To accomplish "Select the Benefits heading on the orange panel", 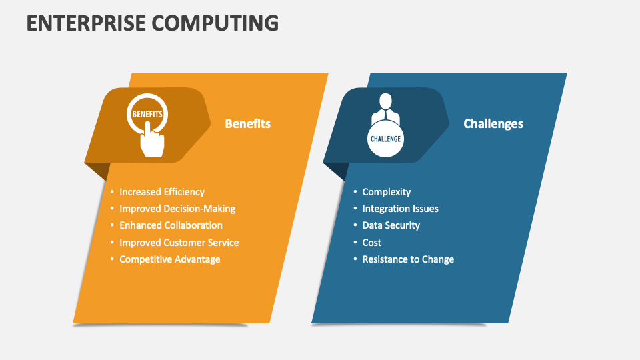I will (247, 124).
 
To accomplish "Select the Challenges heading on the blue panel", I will (493, 124).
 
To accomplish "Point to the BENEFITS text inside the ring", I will (147, 115).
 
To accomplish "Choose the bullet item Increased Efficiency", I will (162, 192).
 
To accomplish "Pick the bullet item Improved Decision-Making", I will (177, 209).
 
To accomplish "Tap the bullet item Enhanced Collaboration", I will (171, 225).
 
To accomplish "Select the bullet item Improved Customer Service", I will (179, 243).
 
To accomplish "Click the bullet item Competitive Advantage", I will (169, 259).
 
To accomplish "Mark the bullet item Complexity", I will (386, 192).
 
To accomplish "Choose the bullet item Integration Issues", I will (400, 209).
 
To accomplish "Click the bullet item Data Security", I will (391, 225).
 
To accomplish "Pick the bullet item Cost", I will (371, 243).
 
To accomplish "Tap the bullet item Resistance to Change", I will (407, 259).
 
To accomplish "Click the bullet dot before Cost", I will (355, 243).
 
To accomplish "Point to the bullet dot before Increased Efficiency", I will (113, 192).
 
